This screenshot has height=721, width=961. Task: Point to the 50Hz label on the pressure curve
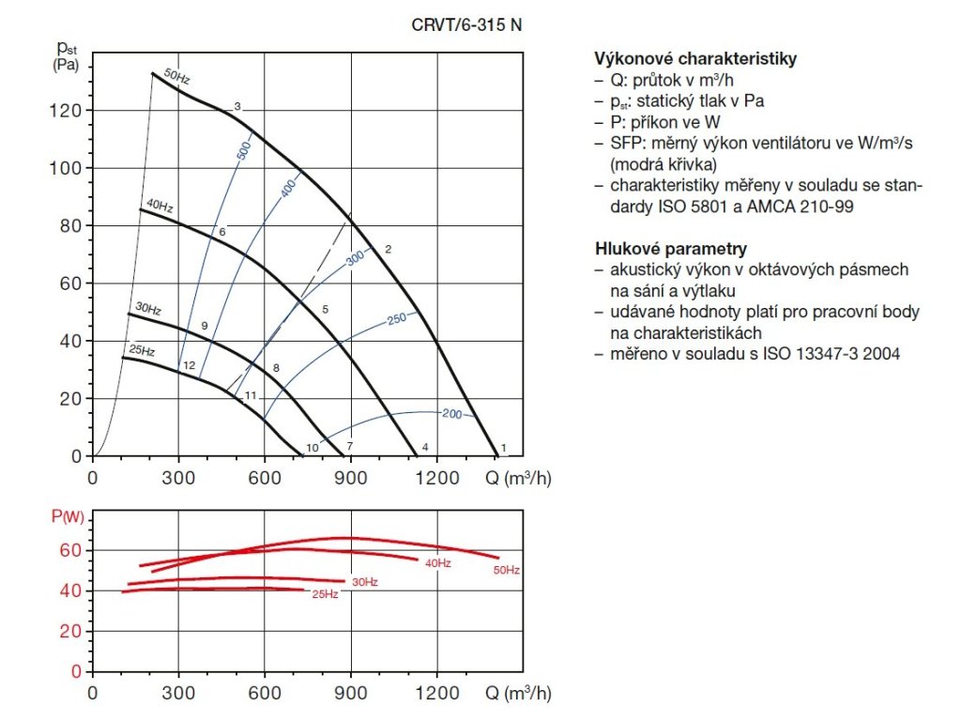pos(176,77)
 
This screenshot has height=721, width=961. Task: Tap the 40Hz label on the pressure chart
pos(159,206)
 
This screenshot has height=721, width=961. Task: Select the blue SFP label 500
pos(244,151)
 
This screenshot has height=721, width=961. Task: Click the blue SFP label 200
pos(451,413)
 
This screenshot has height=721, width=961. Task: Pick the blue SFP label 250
pos(396,319)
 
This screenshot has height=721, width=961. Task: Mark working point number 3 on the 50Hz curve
pos(237,106)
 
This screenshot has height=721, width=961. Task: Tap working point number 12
pos(189,365)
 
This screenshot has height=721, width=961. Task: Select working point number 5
pos(325,309)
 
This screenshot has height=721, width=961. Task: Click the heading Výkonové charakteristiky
pos(695,59)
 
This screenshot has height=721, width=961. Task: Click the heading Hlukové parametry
pos(671,249)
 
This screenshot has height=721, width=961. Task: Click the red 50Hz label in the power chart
pos(506,570)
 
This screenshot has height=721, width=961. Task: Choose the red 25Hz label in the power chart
pos(325,595)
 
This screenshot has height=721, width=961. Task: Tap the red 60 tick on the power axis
pos(71,550)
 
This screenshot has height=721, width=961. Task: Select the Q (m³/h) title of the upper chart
pos(517,477)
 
